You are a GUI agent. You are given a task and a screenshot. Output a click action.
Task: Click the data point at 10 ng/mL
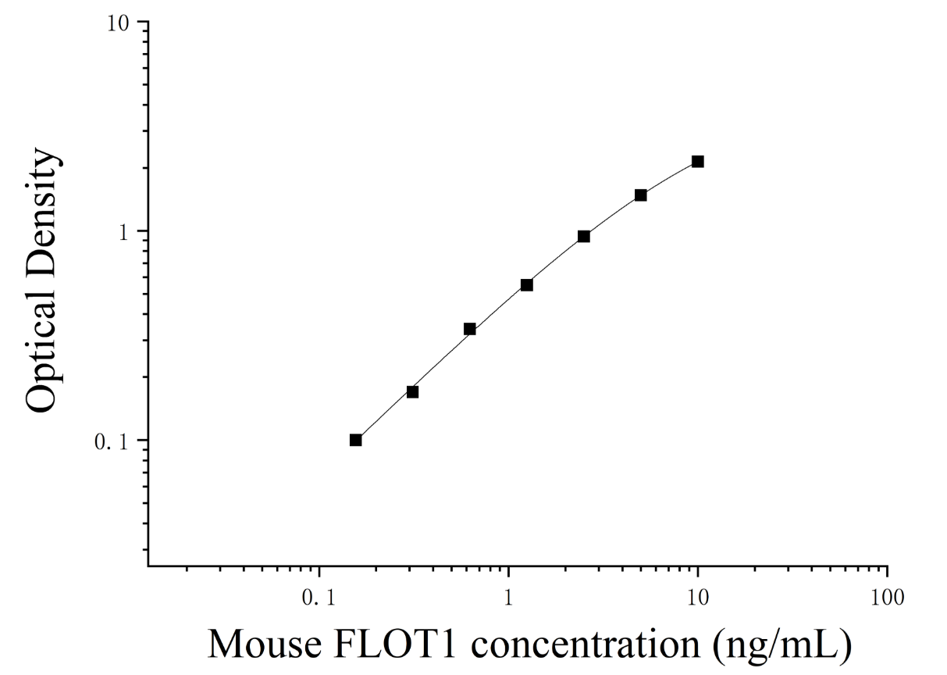(698, 162)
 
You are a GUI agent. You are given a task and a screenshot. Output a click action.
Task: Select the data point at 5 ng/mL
(640, 195)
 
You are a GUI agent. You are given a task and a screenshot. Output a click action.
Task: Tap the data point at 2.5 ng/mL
(584, 237)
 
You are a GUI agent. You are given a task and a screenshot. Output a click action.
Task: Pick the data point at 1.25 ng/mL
(527, 285)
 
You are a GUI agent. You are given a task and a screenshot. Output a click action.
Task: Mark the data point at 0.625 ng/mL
(470, 329)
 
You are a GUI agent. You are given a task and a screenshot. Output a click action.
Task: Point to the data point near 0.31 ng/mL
(413, 392)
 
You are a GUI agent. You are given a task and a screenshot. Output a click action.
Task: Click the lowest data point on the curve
(355, 441)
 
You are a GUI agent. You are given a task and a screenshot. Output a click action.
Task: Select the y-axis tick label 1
(123, 233)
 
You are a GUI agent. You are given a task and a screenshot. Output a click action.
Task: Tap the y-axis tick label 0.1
(112, 442)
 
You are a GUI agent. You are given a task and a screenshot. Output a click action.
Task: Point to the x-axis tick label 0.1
(319, 598)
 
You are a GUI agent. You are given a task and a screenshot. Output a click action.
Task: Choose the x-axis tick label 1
(508, 598)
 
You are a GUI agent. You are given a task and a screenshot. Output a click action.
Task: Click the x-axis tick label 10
(698, 598)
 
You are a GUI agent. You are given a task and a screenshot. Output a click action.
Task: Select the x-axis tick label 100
(887, 598)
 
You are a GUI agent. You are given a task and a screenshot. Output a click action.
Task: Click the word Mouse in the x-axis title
(265, 644)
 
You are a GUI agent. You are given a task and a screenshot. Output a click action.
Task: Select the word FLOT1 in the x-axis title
(395, 644)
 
